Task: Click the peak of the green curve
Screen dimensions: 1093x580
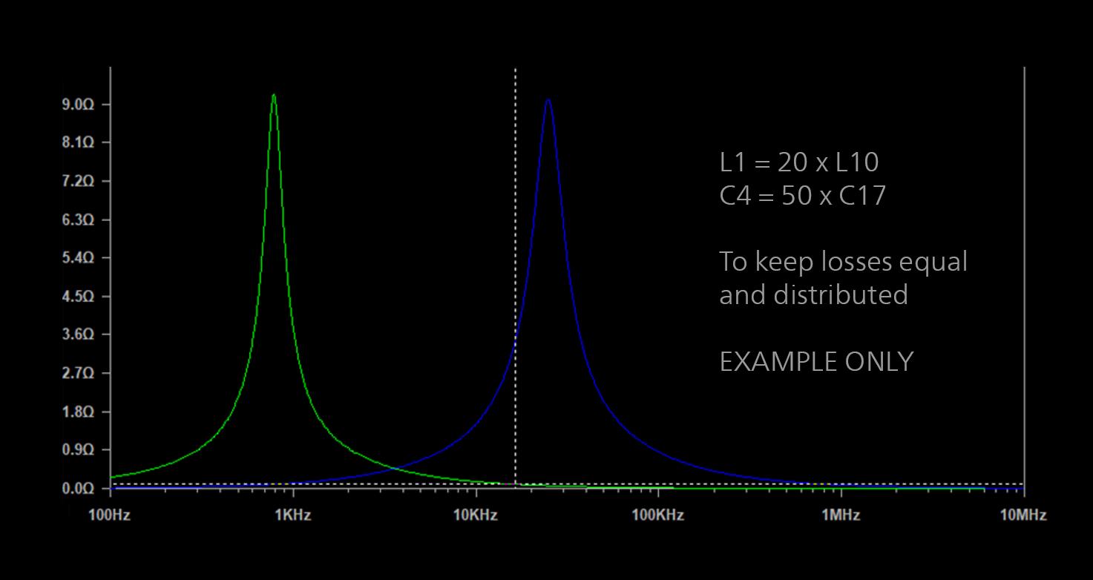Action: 274,95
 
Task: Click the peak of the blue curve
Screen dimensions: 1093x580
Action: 548,100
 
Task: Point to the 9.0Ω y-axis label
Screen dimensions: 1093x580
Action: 78,105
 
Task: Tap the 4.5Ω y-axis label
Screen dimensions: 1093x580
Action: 78,296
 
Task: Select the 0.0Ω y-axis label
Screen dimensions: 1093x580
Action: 78,488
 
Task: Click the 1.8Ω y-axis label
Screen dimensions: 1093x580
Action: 78,412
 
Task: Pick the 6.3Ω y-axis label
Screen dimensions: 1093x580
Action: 78,220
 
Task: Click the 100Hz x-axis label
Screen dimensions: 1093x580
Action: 109,515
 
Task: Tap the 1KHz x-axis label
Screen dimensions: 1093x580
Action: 293,515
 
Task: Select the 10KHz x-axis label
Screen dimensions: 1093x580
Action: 475,515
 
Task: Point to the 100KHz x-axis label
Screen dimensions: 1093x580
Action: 657,515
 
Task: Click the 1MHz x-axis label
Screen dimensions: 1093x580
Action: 841,515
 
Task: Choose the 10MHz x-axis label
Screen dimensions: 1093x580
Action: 1023,515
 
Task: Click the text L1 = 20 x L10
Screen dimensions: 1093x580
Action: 799,162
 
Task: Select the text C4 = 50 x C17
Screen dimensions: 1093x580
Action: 803,196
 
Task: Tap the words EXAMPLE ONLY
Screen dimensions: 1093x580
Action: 816,361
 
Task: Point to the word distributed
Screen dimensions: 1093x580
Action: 841,294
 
